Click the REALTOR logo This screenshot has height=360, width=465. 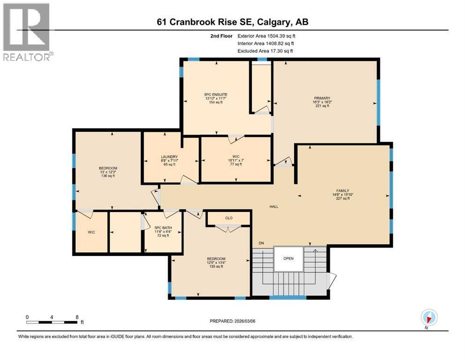pyautogui.click(x=27, y=31)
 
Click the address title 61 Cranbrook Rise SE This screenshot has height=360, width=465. pyautogui.click(x=232, y=22)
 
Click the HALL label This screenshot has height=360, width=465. pyautogui.click(x=274, y=207)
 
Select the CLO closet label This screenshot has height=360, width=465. pyautogui.click(x=229, y=218)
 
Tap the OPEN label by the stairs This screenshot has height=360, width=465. pyautogui.click(x=288, y=258)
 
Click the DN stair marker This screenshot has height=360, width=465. pyautogui.click(x=261, y=243)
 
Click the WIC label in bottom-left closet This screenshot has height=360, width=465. pyautogui.click(x=91, y=232)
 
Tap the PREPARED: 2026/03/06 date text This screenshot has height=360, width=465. pyautogui.click(x=232, y=321)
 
